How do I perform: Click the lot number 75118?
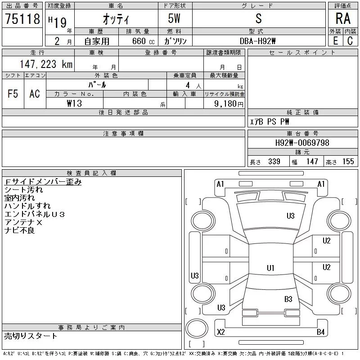coord(22,19)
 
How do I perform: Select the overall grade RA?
coord(343,18)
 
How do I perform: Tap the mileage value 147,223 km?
coord(46,64)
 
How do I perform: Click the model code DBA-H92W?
coord(257,41)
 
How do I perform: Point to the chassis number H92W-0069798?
coord(302,143)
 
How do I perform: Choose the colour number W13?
coord(74,103)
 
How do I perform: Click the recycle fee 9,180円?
coord(229,104)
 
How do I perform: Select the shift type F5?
coord(13,94)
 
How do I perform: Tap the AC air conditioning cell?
coord(35,94)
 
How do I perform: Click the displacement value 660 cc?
coord(143,41)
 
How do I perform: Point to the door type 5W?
coord(174,18)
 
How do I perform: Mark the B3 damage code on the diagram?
coord(288,299)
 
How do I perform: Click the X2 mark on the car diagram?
coord(220,332)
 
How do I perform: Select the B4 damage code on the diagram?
coord(320,332)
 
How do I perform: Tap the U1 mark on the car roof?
coord(270,268)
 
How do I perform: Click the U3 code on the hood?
coord(290,216)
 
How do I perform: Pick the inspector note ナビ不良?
coord(19,230)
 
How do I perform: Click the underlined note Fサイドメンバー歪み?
coord(43,182)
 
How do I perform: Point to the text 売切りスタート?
coord(31,336)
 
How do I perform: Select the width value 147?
coord(312,162)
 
